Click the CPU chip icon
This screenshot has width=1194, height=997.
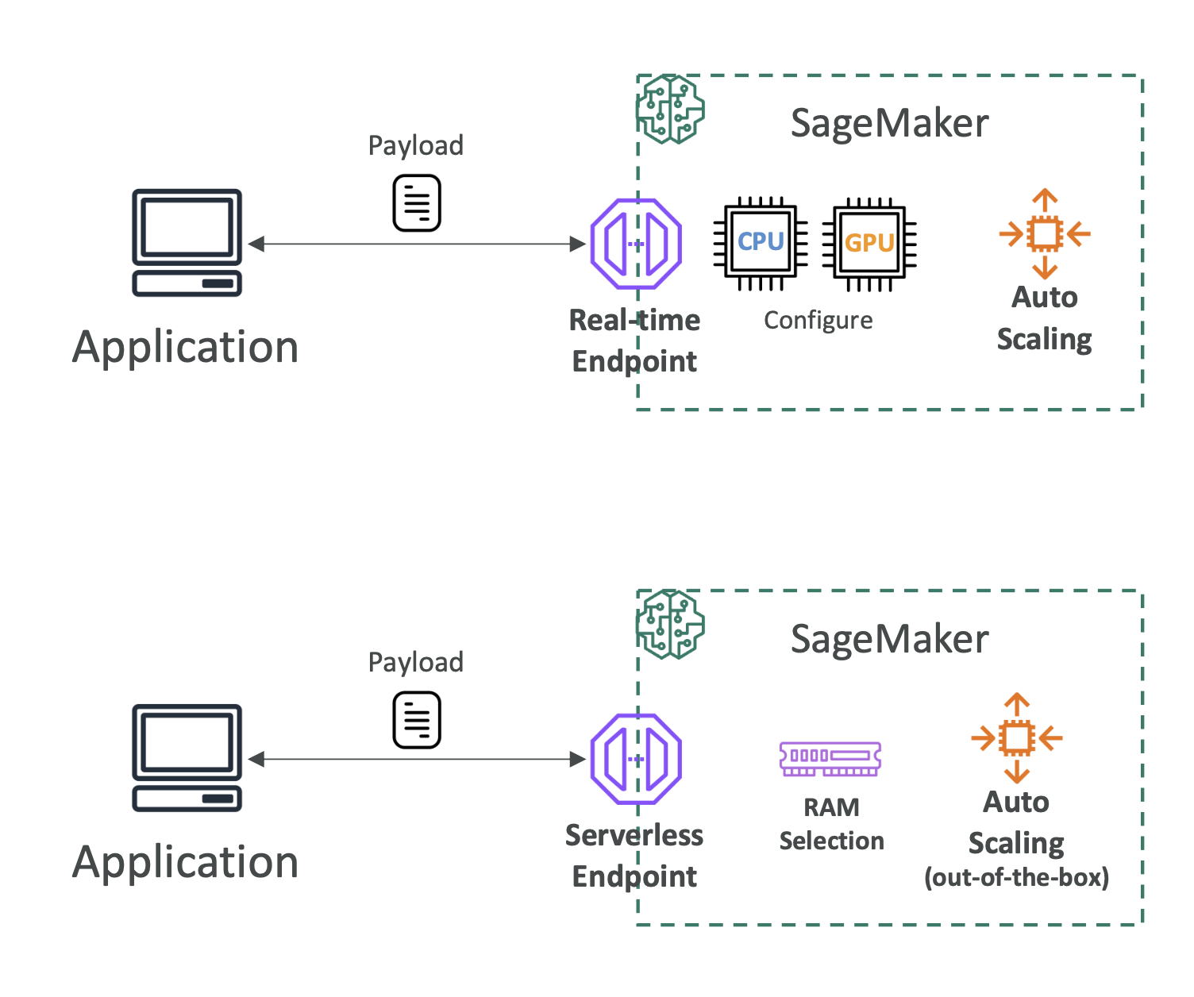pyautogui.click(x=761, y=242)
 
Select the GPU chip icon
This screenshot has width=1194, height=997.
pyautogui.click(x=869, y=243)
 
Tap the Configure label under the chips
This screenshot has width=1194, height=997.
pyautogui.click(x=818, y=320)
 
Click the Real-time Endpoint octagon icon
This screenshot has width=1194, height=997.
pyautogui.click(x=636, y=244)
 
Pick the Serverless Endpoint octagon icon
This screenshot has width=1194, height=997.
pyautogui.click(x=636, y=759)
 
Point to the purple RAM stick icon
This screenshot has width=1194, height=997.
pyautogui.click(x=830, y=759)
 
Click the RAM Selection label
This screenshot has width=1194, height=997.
pyautogui.click(x=831, y=824)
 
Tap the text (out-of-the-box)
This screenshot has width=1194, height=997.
pyautogui.click(x=1016, y=877)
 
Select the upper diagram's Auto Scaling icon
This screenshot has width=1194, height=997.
pyautogui.click(x=1045, y=233)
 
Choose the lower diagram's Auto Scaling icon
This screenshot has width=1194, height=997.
pyautogui.click(x=1016, y=738)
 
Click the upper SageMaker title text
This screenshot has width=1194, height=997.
pyautogui.click(x=889, y=124)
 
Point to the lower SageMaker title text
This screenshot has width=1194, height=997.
pyautogui.click(x=889, y=639)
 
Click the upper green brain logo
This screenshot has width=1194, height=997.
pyautogui.click(x=671, y=110)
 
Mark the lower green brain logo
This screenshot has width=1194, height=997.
pyautogui.click(x=671, y=625)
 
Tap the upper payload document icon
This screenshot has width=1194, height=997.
pyautogui.click(x=417, y=204)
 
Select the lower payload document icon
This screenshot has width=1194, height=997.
pyautogui.click(x=417, y=720)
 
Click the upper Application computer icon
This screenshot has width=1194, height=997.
pyautogui.click(x=187, y=242)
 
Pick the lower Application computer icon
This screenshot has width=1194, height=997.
pyautogui.click(x=187, y=757)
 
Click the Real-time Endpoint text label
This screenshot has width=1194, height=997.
pyautogui.click(x=635, y=341)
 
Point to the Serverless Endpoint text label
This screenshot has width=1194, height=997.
pyautogui.click(x=634, y=856)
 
